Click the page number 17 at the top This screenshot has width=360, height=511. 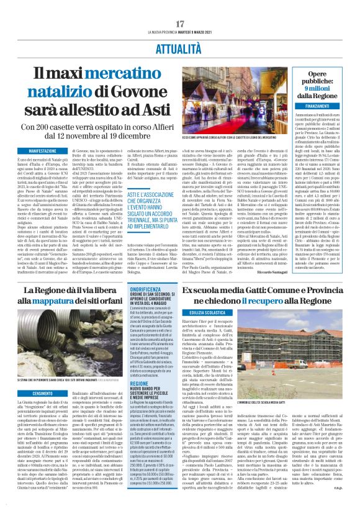click(x=180, y=24)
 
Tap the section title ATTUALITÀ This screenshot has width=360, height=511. click(x=180, y=47)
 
